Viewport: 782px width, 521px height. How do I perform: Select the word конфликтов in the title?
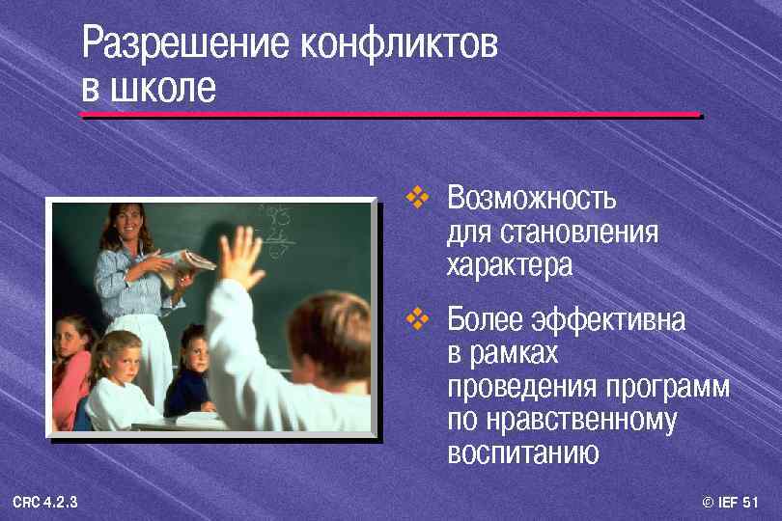point(400,45)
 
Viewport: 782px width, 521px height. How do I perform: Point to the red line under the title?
point(390,115)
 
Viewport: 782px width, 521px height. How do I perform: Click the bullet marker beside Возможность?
point(416,199)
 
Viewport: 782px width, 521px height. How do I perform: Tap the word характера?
point(510,265)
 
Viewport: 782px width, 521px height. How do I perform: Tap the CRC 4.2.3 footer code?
point(46,503)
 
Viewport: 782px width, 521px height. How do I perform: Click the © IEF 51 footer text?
point(731,503)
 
